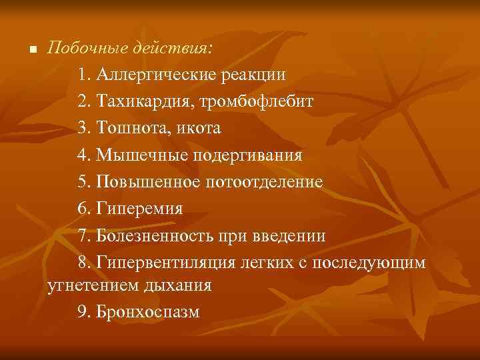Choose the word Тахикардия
pyautogui.click(x=137, y=101)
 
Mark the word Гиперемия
pyautogui.click(x=139, y=209)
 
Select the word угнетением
pyautogui.click(x=91, y=286)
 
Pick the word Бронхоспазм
pyautogui.click(x=147, y=312)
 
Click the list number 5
pyautogui.click(x=82, y=181)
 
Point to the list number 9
pyautogui.click(x=82, y=312)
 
